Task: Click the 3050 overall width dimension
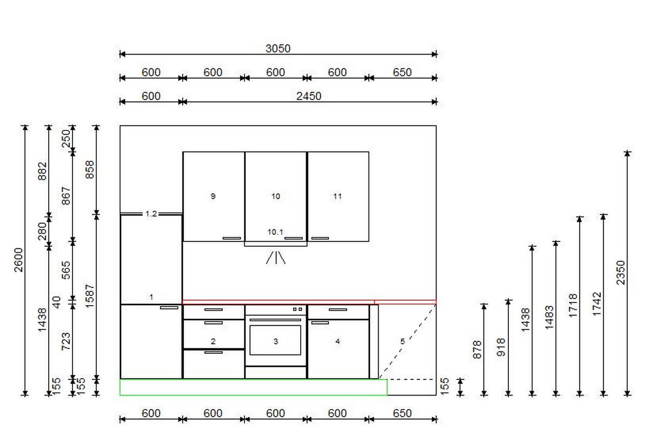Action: [278, 48]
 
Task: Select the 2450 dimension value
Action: [309, 96]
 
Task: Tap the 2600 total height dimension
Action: [18, 260]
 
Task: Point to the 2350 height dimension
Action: [621, 273]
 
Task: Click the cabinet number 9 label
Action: [213, 196]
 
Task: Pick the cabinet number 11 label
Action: [337, 196]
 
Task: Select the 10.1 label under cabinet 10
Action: [275, 232]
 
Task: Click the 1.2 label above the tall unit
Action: [151, 214]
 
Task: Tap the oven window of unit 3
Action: [275, 340]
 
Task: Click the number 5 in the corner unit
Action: [402, 341]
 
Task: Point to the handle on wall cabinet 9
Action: [231, 238]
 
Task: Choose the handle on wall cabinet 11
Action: [320, 238]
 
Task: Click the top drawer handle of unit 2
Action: [214, 309]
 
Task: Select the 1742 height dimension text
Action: [597, 304]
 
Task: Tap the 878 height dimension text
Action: [477, 350]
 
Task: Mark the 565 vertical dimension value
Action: [66, 270]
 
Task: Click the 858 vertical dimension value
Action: [90, 169]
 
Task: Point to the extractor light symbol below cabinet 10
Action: [275, 258]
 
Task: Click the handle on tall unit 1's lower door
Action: [169, 307]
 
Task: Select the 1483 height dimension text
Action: [549, 317]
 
